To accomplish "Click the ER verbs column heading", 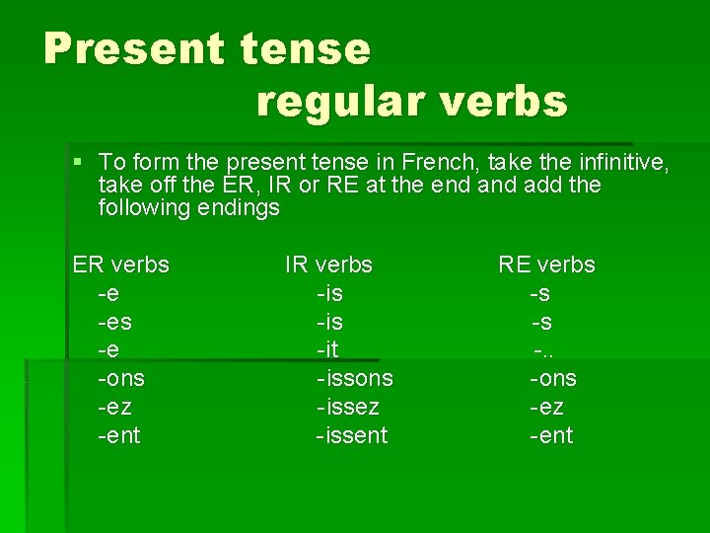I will point(121,265).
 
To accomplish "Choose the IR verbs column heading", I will point(328,265).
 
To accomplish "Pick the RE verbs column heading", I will point(546,265).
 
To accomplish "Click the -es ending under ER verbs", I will point(115,322).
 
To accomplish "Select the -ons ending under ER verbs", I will point(121,378).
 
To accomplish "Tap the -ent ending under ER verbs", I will point(119,435).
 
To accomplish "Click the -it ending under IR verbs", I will point(328,349).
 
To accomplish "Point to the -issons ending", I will point(355,378).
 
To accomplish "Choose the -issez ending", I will point(348,407).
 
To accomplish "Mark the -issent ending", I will point(352,435).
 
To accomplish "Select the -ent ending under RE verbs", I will point(551,435).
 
